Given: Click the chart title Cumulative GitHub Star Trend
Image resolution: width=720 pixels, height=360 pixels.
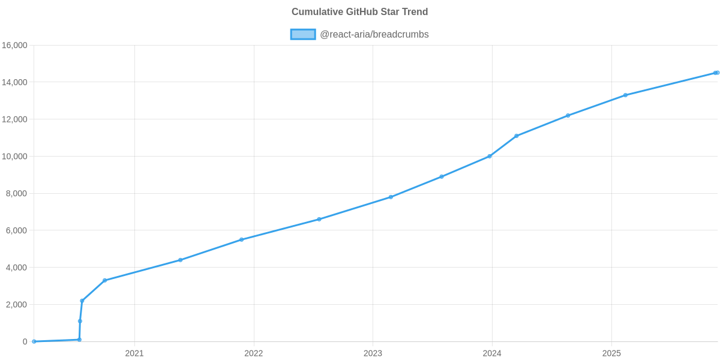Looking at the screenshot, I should click(359, 12).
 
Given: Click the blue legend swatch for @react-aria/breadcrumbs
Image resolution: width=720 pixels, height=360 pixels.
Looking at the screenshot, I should click(302, 34).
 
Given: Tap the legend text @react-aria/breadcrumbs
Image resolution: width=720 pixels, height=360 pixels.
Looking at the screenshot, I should click(374, 34).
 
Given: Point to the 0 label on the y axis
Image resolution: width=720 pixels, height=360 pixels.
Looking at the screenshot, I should click(25, 342).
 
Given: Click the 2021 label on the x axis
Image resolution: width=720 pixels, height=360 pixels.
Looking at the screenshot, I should click(134, 353).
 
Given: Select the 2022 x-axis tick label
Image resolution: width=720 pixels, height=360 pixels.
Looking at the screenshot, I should click(253, 353).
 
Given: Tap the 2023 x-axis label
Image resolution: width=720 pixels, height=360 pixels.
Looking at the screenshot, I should click(373, 353).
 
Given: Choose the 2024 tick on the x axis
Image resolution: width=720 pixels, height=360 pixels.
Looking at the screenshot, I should click(492, 353).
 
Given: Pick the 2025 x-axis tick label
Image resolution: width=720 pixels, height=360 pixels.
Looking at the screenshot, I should click(611, 353).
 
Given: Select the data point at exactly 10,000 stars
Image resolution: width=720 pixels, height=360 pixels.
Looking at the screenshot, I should click(490, 156).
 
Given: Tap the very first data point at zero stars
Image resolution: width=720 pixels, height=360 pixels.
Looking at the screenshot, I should click(34, 341).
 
